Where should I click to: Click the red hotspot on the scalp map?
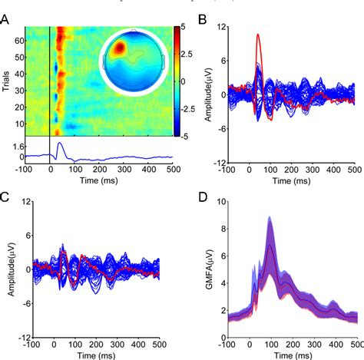coord(120,49)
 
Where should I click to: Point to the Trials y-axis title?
coord(7,81)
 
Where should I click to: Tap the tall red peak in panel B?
coord(258,35)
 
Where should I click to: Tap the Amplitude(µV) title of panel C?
coord(8,269)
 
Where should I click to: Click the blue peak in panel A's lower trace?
coord(61,143)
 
